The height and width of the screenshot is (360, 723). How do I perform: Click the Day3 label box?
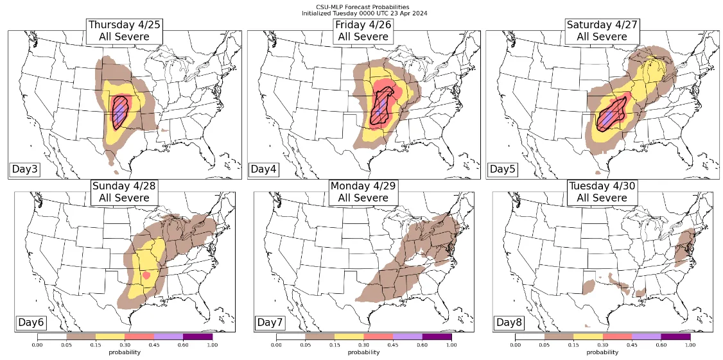24,169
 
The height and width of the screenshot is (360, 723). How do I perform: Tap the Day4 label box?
263,169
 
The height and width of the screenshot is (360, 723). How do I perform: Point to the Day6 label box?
30,321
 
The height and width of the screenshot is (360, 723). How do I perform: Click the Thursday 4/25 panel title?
124,31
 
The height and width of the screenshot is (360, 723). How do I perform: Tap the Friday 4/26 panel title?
363,31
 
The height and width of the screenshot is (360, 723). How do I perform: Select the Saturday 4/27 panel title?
602,31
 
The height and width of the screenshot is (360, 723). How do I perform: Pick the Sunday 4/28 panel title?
124,192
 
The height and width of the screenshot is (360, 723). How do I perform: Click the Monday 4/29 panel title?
363,192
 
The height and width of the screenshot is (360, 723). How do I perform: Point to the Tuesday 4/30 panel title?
602,192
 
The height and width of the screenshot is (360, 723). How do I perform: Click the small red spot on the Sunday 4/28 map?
147,275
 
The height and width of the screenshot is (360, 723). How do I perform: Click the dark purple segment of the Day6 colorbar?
197,336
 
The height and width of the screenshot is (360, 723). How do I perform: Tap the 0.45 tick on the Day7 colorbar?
393,345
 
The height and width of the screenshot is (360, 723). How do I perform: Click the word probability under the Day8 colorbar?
602,352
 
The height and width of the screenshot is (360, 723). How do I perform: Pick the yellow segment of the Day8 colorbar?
588,336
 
